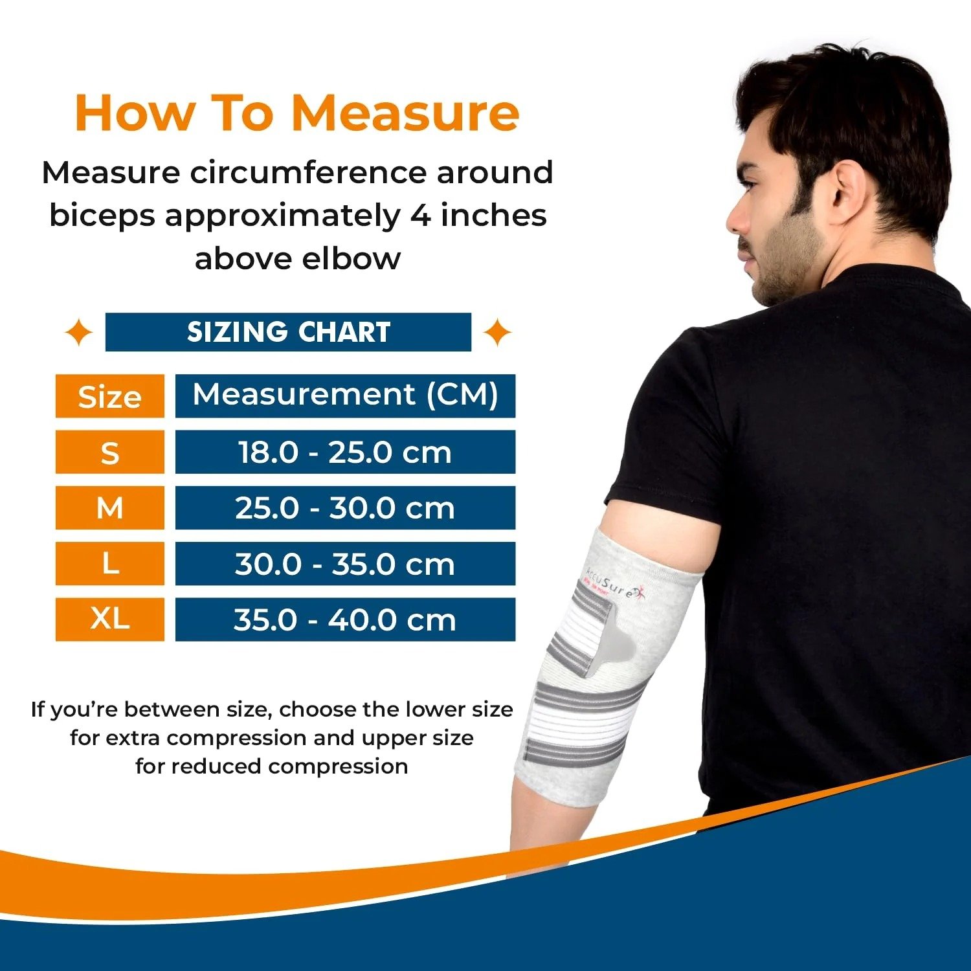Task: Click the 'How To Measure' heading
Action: (297, 113)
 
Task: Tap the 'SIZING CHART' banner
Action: (288, 332)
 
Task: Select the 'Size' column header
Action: (109, 396)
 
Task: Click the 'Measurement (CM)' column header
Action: (345, 395)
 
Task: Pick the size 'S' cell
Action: (109, 452)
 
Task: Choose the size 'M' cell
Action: (109, 508)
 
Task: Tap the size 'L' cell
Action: (109, 563)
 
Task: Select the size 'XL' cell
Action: (109, 619)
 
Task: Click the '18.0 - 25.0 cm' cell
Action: (345, 452)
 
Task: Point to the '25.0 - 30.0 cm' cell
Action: (345, 508)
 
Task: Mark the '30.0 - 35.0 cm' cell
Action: (345, 563)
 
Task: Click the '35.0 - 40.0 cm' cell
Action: (345, 619)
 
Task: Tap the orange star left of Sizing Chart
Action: (79, 333)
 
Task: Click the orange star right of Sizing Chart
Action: (497, 333)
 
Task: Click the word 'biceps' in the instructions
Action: (102, 216)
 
